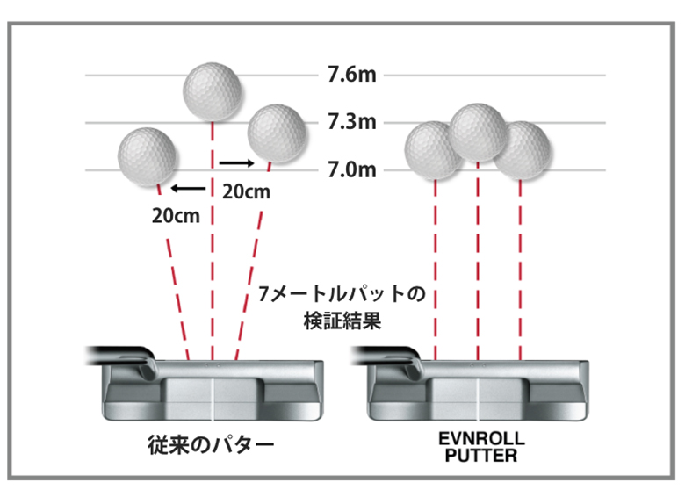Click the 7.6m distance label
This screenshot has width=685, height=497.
[350, 75]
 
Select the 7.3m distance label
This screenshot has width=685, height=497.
[350, 121]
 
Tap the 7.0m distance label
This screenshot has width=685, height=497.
[350, 169]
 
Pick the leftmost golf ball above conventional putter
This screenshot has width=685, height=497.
[148, 156]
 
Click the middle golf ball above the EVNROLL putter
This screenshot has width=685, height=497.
[479, 132]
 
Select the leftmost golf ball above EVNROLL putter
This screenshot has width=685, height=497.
[434, 149]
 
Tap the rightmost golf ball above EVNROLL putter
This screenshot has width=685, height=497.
[522, 149]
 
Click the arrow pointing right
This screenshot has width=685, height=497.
[236, 162]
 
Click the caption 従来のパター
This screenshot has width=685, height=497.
[210, 445]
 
